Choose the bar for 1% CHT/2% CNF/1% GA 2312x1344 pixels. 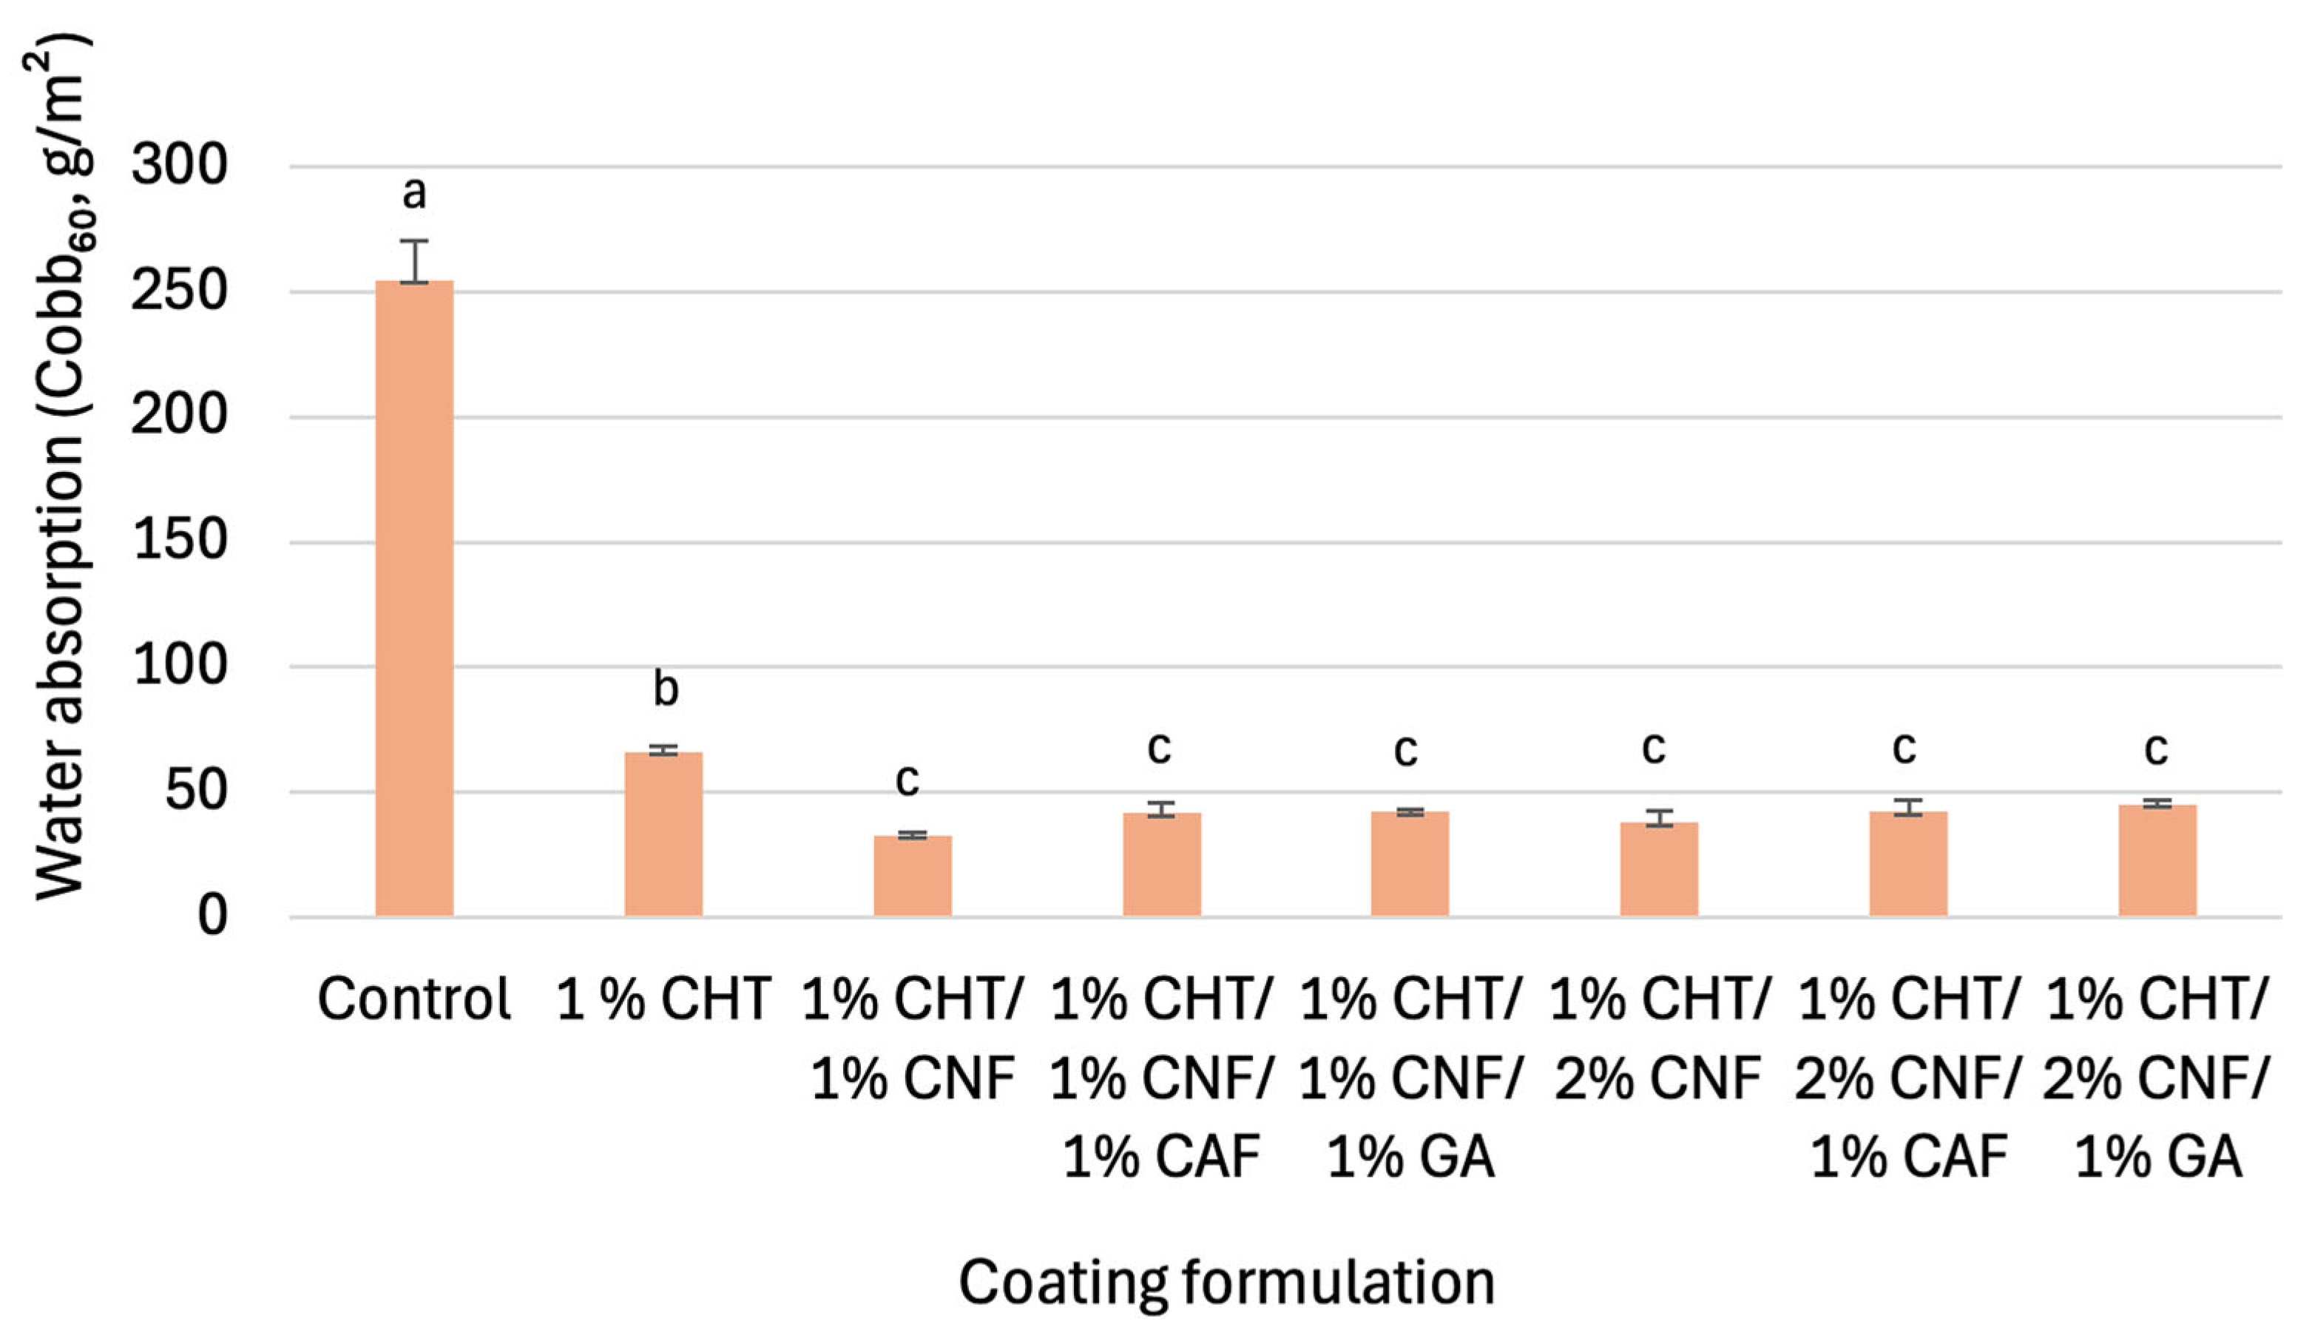pos(2157,860)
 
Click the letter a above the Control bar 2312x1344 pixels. pos(415,192)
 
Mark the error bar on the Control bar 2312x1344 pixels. pos(415,261)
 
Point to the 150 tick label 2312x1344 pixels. pos(179,541)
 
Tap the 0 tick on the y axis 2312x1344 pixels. pos(212,916)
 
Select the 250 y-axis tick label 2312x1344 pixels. pos(179,291)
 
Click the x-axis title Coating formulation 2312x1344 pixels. pos(1227,1282)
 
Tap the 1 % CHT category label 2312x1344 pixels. pos(663,999)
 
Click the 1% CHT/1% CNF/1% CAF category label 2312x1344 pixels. pos(1161,1078)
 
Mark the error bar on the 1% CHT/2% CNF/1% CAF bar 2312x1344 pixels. pos(1908,807)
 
